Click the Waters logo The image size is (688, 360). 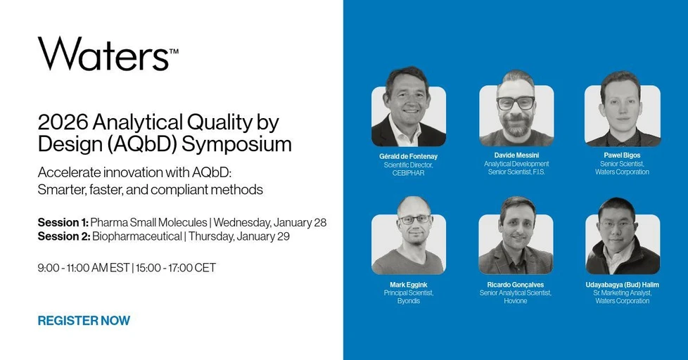pos(108,53)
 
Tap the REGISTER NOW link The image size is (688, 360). pos(84,321)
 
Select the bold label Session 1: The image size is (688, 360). pos(63,222)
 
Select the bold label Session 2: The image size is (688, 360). pos(63,236)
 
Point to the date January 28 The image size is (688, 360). pos(300,223)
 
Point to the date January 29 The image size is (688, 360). pos(263,237)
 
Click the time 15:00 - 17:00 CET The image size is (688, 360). pos(176,268)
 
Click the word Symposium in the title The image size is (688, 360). pos(236,144)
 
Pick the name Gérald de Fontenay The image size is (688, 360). pos(409,156)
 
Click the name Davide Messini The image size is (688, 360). pos(516,155)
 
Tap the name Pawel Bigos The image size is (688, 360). pos(622,155)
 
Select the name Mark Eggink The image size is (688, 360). pos(409,285)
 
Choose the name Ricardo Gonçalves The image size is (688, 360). pos(516,285)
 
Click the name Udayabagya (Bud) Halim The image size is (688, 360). pos(622,285)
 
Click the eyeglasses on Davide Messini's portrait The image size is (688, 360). pos(516,103)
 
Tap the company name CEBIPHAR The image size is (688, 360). pos(409,173)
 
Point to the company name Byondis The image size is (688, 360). pos(409,301)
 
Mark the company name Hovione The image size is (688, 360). pos(516,301)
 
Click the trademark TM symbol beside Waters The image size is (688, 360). pos(174,51)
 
